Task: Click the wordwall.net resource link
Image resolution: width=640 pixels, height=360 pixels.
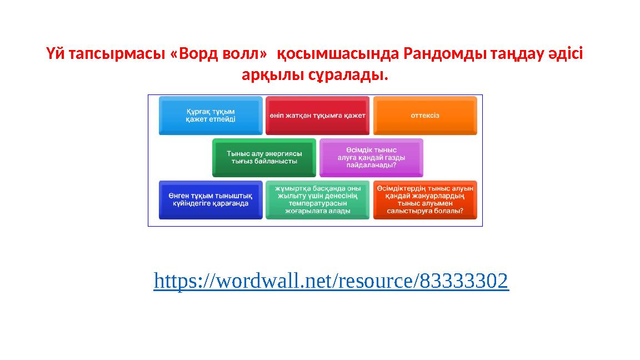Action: click(331, 281)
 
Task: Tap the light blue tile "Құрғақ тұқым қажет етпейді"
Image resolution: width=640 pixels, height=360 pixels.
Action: click(211, 116)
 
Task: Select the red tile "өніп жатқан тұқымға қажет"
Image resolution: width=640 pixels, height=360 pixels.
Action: click(317, 116)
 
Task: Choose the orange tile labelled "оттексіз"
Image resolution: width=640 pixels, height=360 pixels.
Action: click(425, 116)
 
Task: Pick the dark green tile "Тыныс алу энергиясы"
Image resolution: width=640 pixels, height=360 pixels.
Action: click(264, 157)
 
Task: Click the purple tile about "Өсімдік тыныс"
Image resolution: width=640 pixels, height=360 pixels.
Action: click(371, 157)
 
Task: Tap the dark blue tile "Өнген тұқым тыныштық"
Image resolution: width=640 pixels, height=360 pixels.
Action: click(211, 199)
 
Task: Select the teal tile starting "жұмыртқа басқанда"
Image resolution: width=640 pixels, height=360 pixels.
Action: click(317, 199)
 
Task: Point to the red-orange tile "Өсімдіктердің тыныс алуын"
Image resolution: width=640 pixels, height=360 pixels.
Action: click(425, 199)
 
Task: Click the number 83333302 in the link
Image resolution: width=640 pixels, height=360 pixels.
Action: click(464, 281)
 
